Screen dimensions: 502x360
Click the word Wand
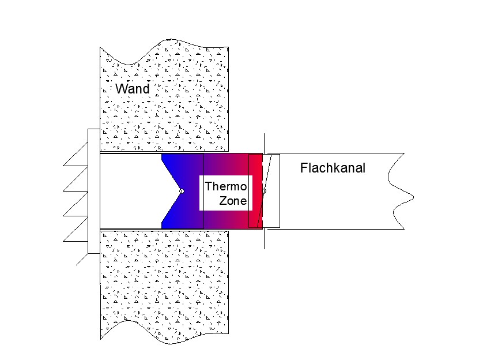(x=133, y=89)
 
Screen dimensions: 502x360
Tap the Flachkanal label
(x=333, y=168)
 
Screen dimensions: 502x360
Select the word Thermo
(x=226, y=186)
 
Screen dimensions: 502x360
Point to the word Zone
(x=233, y=201)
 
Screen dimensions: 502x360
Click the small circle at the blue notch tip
(x=182, y=192)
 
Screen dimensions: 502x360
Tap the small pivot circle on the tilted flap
(x=264, y=191)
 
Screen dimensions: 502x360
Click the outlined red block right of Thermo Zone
(x=255, y=191)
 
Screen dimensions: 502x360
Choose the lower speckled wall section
(x=165, y=287)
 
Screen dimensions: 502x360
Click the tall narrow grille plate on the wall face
(x=94, y=191)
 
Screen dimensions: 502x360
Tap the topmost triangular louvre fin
(x=76, y=154)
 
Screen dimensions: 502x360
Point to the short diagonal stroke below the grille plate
(x=82, y=260)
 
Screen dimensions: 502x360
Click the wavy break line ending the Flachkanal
(x=401, y=191)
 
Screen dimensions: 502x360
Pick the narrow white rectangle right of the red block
(x=271, y=191)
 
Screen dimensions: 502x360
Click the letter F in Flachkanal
(x=304, y=168)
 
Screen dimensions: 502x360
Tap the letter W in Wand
(x=122, y=89)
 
